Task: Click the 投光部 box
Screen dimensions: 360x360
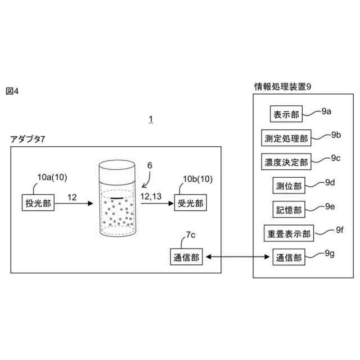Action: pos(38,202)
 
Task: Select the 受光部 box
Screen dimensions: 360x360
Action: pos(190,202)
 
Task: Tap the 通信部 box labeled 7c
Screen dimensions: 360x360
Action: pos(186,256)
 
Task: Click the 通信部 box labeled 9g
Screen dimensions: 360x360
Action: pos(289,256)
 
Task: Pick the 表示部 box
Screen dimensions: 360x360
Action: pos(286,114)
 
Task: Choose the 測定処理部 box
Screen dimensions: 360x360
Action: pos(286,138)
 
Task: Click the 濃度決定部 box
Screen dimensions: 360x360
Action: pos(286,161)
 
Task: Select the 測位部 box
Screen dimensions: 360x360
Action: pos(289,185)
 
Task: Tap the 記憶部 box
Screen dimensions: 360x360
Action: pos(289,209)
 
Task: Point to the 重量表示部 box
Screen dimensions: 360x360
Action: pos(289,233)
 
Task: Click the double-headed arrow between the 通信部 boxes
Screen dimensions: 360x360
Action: pos(237,256)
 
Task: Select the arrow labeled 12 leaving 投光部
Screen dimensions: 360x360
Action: pos(74,203)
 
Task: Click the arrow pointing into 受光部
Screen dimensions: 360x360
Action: pos(157,203)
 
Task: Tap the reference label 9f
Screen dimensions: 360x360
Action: pos(340,230)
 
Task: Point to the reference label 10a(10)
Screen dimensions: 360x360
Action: pos(52,177)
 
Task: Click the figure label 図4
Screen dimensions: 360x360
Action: pos(12,91)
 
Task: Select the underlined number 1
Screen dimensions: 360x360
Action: pos(151,119)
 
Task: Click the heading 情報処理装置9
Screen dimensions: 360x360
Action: pos(282,87)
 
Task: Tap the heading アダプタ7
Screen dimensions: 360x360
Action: pos(28,139)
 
